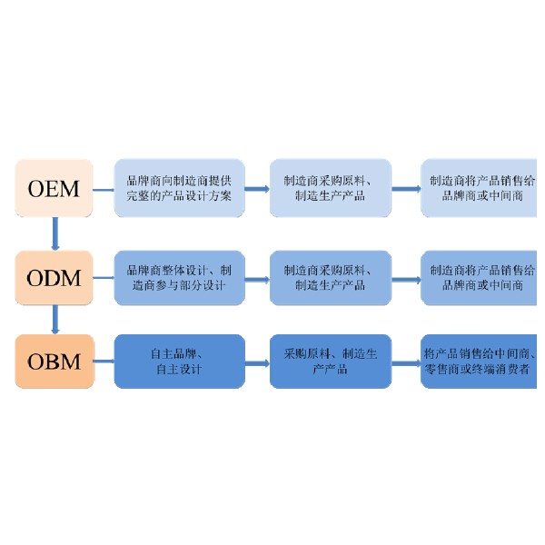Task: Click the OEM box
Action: pyautogui.click(x=54, y=188)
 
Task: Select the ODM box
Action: pyautogui.click(x=54, y=278)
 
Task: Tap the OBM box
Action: pyautogui.click(x=54, y=362)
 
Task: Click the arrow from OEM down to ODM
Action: pyautogui.click(x=54, y=233)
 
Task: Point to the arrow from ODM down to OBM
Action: pyautogui.click(x=54, y=320)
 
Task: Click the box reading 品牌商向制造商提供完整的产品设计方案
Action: pyautogui.click(x=179, y=188)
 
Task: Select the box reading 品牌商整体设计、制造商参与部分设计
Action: pyautogui.click(x=179, y=278)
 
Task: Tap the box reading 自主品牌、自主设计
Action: pyautogui.click(x=179, y=362)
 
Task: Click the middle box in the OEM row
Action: pyautogui.click(x=331, y=188)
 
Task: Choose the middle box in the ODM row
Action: pyautogui.click(x=331, y=278)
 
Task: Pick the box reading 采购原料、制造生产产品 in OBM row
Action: pyautogui.click(x=331, y=362)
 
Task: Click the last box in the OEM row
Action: pyautogui.click(x=479, y=188)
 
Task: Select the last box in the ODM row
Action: pyautogui.click(x=479, y=278)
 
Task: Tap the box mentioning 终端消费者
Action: pyautogui.click(x=479, y=362)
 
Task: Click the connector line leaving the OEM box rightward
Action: pyautogui.click(x=104, y=190)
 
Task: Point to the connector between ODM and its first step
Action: pyautogui.click(x=104, y=278)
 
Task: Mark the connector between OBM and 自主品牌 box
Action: pyautogui.click(x=104, y=362)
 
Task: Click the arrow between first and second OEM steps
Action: pyautogui.click(x=257, y=189)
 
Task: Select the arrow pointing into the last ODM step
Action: pyautogui.click(x=406, y=280)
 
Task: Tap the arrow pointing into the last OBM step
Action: pyautogui.click(x=406, y=363)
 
